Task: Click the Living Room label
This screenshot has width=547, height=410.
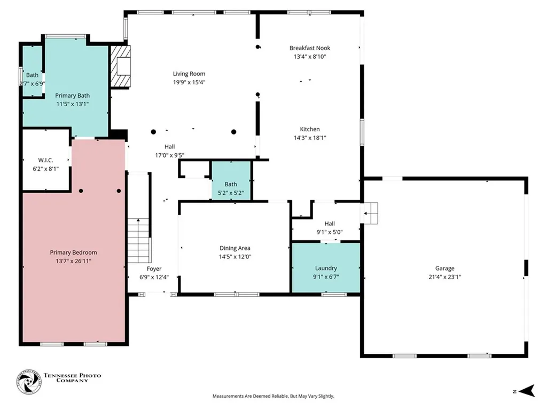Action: tap(189, 74)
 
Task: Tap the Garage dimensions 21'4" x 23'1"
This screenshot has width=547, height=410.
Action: tap(445, 277)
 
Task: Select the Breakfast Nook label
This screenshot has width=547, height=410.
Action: tap(310, 48)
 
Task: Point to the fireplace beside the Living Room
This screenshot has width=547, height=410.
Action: tap(121, 66)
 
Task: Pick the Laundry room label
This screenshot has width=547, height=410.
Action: tap(326, 268)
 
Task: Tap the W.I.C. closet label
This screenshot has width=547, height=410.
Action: tap(46, 160)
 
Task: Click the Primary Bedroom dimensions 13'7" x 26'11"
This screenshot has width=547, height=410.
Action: tap(73, 261)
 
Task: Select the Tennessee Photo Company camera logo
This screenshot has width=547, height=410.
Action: tap(29, 382)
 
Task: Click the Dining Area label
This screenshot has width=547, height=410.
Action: tap(235, 248)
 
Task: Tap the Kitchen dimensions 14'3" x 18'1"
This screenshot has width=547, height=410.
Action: tap(310, 138)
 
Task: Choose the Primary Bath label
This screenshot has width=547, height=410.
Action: tap(72, 96)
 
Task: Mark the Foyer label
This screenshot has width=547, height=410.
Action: tap(154, 269)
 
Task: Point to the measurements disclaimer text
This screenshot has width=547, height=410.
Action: tap(273, 396)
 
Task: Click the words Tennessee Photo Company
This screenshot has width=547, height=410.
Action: tap(72, 378)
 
